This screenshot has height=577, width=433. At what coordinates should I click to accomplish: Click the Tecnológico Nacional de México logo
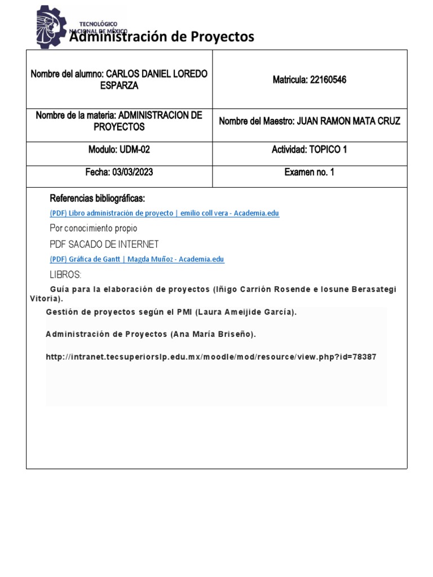52,26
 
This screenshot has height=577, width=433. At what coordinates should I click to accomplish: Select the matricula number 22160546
327,80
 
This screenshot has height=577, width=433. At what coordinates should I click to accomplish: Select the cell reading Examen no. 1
309,172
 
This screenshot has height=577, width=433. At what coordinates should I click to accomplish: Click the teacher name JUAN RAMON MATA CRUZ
348,121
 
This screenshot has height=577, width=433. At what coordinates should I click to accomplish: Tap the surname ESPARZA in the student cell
118,86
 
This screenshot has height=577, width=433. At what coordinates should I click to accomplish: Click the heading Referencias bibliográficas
98,198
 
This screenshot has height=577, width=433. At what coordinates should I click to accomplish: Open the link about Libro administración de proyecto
164,213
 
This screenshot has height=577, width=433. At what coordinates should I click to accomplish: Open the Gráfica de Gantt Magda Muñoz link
137,259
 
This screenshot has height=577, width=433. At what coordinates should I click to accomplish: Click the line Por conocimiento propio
94,228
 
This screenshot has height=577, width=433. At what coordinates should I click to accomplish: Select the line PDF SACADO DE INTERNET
104,244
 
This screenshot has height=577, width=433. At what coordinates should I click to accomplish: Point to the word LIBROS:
66,275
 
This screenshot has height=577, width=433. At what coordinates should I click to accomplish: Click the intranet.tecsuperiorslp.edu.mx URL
211,357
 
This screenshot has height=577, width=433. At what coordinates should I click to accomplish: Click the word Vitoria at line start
44,299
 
